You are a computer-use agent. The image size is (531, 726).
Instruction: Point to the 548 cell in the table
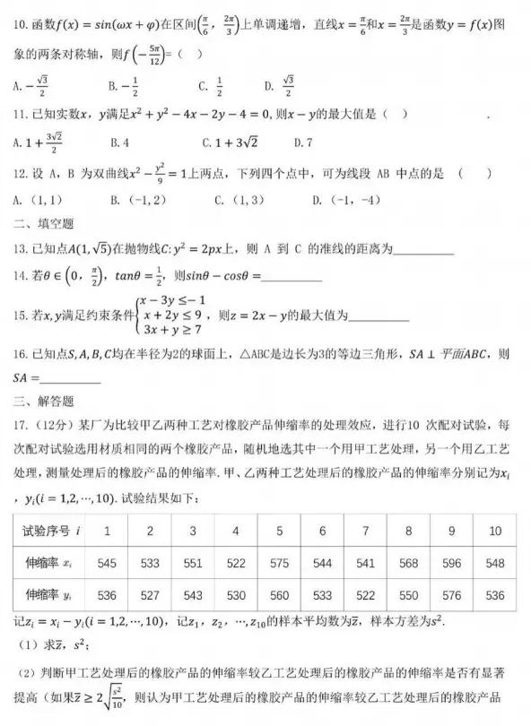click(x=495, y=565)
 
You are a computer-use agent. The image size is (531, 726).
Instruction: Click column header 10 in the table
click(x=495, y=531)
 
